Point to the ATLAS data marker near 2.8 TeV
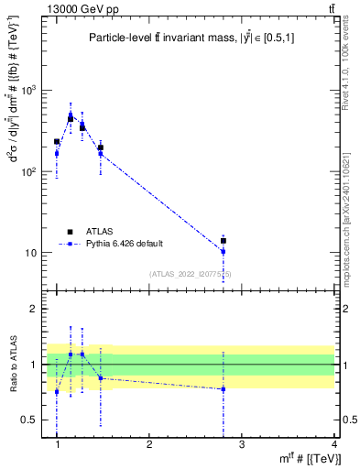pyautogui.click(x=223, y=241)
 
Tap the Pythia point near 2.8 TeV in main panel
pyautogui.click(x=223, y=251)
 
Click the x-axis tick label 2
pyautogui.click(x=149, y=445)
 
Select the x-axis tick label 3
pyautogui.click(x=242, y=445)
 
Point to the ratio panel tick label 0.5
pyautogui.click(x=34, y=420)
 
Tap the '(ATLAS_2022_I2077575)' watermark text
pyautogui.click(x=191, y=273)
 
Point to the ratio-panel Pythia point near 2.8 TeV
pyautogui.click(x=223, y=389)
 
